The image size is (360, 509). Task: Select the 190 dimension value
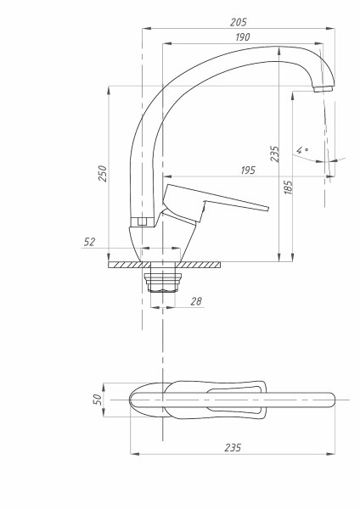243,36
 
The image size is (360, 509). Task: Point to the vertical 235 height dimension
274,153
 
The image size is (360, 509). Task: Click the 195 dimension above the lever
247,171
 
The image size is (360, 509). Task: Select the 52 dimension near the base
90,243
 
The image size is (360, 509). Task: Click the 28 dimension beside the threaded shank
197,302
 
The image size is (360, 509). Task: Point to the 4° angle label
302,150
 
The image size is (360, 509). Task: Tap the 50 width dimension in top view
97,398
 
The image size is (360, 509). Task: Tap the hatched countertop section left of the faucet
126,265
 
